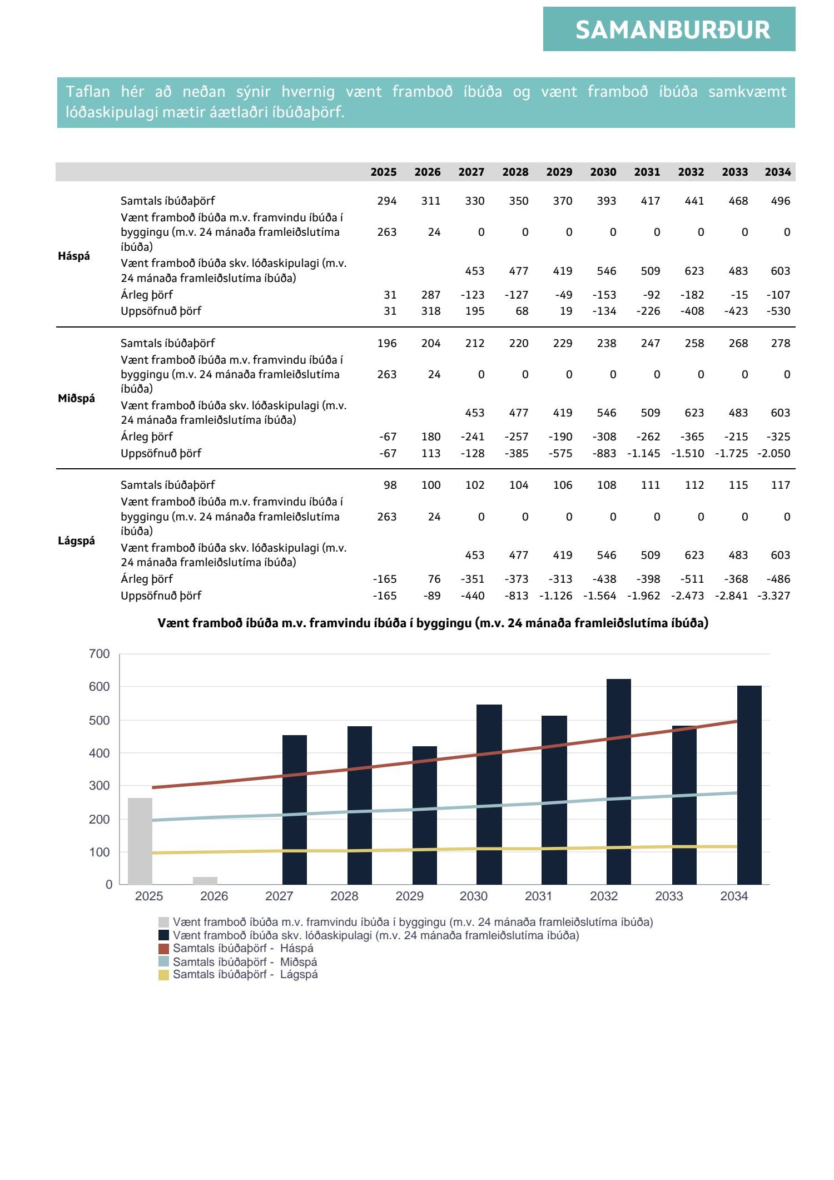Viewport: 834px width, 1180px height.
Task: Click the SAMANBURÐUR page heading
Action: (x=672, y=30)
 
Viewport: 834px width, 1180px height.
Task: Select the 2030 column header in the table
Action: (x=603, y=172)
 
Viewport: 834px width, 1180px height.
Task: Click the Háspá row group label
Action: (x=74, y=256)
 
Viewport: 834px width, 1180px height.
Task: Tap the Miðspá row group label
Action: (x=76, y=398)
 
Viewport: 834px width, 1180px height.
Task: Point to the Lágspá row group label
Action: (x=76, y=541)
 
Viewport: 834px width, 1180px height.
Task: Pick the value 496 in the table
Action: (x=780, y=201)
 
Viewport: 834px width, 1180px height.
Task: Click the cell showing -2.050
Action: (x=774, y=453)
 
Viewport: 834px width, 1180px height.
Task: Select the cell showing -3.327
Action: (x=774, y=596)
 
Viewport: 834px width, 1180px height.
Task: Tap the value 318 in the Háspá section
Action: (x=431, y=311)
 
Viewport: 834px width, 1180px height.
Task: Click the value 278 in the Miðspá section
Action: (x=780, y=344)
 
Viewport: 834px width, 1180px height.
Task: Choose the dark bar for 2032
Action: (x=618, y=781)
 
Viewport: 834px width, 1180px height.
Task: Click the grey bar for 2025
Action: (x=140, y=841)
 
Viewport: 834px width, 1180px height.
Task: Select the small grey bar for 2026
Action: (x=205, y=880)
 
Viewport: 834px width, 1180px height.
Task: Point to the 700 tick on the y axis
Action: (x=100, y=654)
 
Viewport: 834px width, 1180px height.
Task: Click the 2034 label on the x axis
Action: (x=734, y=896)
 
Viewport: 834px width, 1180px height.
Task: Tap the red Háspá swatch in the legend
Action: (x=163, y=949)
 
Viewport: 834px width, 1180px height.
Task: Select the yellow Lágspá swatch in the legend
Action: (x=163, y=975)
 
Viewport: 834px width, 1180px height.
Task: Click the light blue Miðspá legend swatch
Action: (x=163, y=962)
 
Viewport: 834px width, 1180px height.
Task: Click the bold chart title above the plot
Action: (x=433, y=623)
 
